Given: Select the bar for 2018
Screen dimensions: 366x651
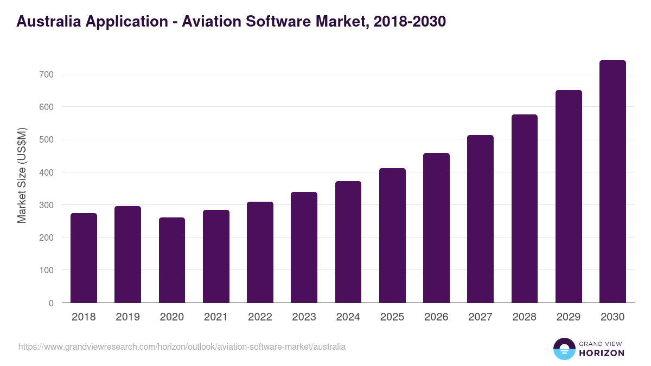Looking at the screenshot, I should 84,258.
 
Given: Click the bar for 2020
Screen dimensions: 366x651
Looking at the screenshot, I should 172,260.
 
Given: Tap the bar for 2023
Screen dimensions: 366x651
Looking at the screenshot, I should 304,247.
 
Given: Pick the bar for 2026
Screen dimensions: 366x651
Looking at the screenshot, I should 436,228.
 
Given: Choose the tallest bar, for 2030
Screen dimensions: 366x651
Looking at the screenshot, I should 612,182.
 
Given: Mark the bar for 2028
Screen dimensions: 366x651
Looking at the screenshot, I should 524,209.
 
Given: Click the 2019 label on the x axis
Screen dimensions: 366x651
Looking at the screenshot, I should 127,317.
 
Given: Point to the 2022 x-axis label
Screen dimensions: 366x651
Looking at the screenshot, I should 260,317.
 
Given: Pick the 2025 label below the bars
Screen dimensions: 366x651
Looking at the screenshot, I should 392,317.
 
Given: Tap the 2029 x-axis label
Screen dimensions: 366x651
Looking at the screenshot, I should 569,317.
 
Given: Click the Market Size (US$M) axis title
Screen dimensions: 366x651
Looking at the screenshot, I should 22,175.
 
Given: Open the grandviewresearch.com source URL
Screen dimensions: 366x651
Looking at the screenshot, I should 182,346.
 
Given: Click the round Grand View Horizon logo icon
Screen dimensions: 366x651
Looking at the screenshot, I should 564,349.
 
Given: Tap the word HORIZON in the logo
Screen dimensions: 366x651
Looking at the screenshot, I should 602,353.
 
